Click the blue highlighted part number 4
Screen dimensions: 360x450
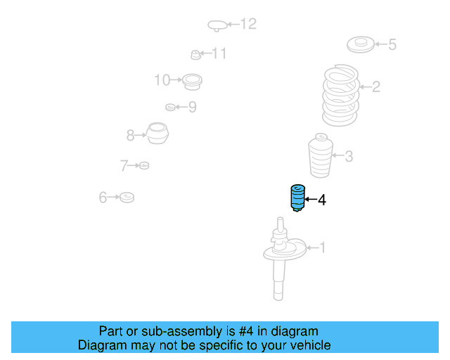[x=297, y=198]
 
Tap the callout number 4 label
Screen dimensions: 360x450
[x=322, y=200]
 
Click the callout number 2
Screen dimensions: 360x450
[x=376, y=87]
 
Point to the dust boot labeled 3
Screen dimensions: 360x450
[x=321, y=157]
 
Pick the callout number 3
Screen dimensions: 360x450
[x=349, y=157]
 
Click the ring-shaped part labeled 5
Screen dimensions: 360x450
[x=361, y=46]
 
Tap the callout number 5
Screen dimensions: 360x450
[x=392, y=45]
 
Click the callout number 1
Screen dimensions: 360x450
[x=323, y=247]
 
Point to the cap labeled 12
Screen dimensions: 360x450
[x=218, y=26]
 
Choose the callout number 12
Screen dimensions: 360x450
[x=248, y=25]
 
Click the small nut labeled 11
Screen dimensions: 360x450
[x=197, y=54]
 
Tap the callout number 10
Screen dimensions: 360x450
[x=162, y=80]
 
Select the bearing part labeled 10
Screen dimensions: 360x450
[x=193, y=82]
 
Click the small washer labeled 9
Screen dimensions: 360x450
[x=170, y=108]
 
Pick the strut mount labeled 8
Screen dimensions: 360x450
[x=158, y=134]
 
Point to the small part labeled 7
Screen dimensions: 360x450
[x=143, y=165]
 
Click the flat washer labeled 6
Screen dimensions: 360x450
[x=127, y=198]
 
